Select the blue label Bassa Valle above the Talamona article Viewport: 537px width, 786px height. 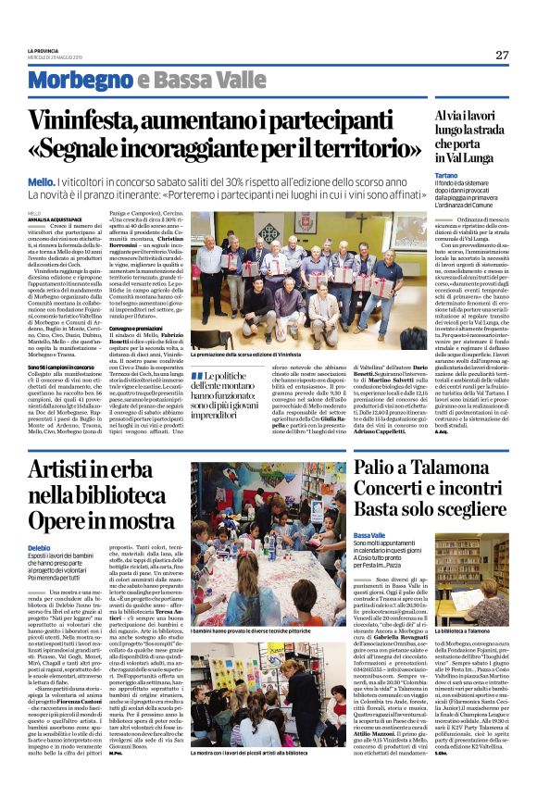point(368,536)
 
